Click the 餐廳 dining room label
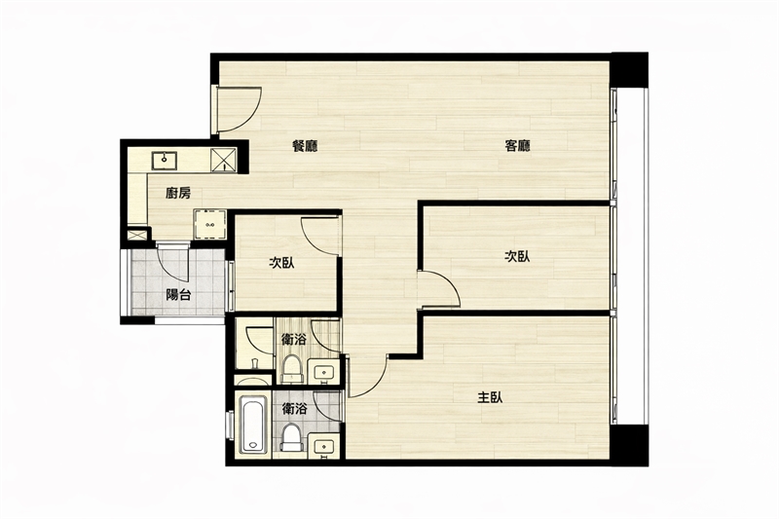coord(305,146)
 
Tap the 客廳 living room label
coord(517,146)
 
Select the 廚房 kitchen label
coord(178,193)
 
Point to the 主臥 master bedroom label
coord(490,397)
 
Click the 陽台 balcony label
coord(178,295)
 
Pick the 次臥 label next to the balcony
coord(281,263)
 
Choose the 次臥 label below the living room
coord(517,256)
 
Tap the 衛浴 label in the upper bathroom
coord(294,340)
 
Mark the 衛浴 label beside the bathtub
coord(294,409)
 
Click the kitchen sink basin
coord(164,160)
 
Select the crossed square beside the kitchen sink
coord(222,160)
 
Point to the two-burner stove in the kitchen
coord(209,225)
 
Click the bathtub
coord(253,424)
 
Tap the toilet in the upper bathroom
coord(292,369)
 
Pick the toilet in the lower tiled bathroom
coord(292,437)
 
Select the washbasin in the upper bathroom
coord(324,372)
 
